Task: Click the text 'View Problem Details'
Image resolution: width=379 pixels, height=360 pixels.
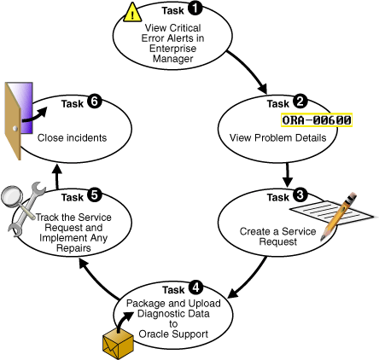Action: [307, 136]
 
